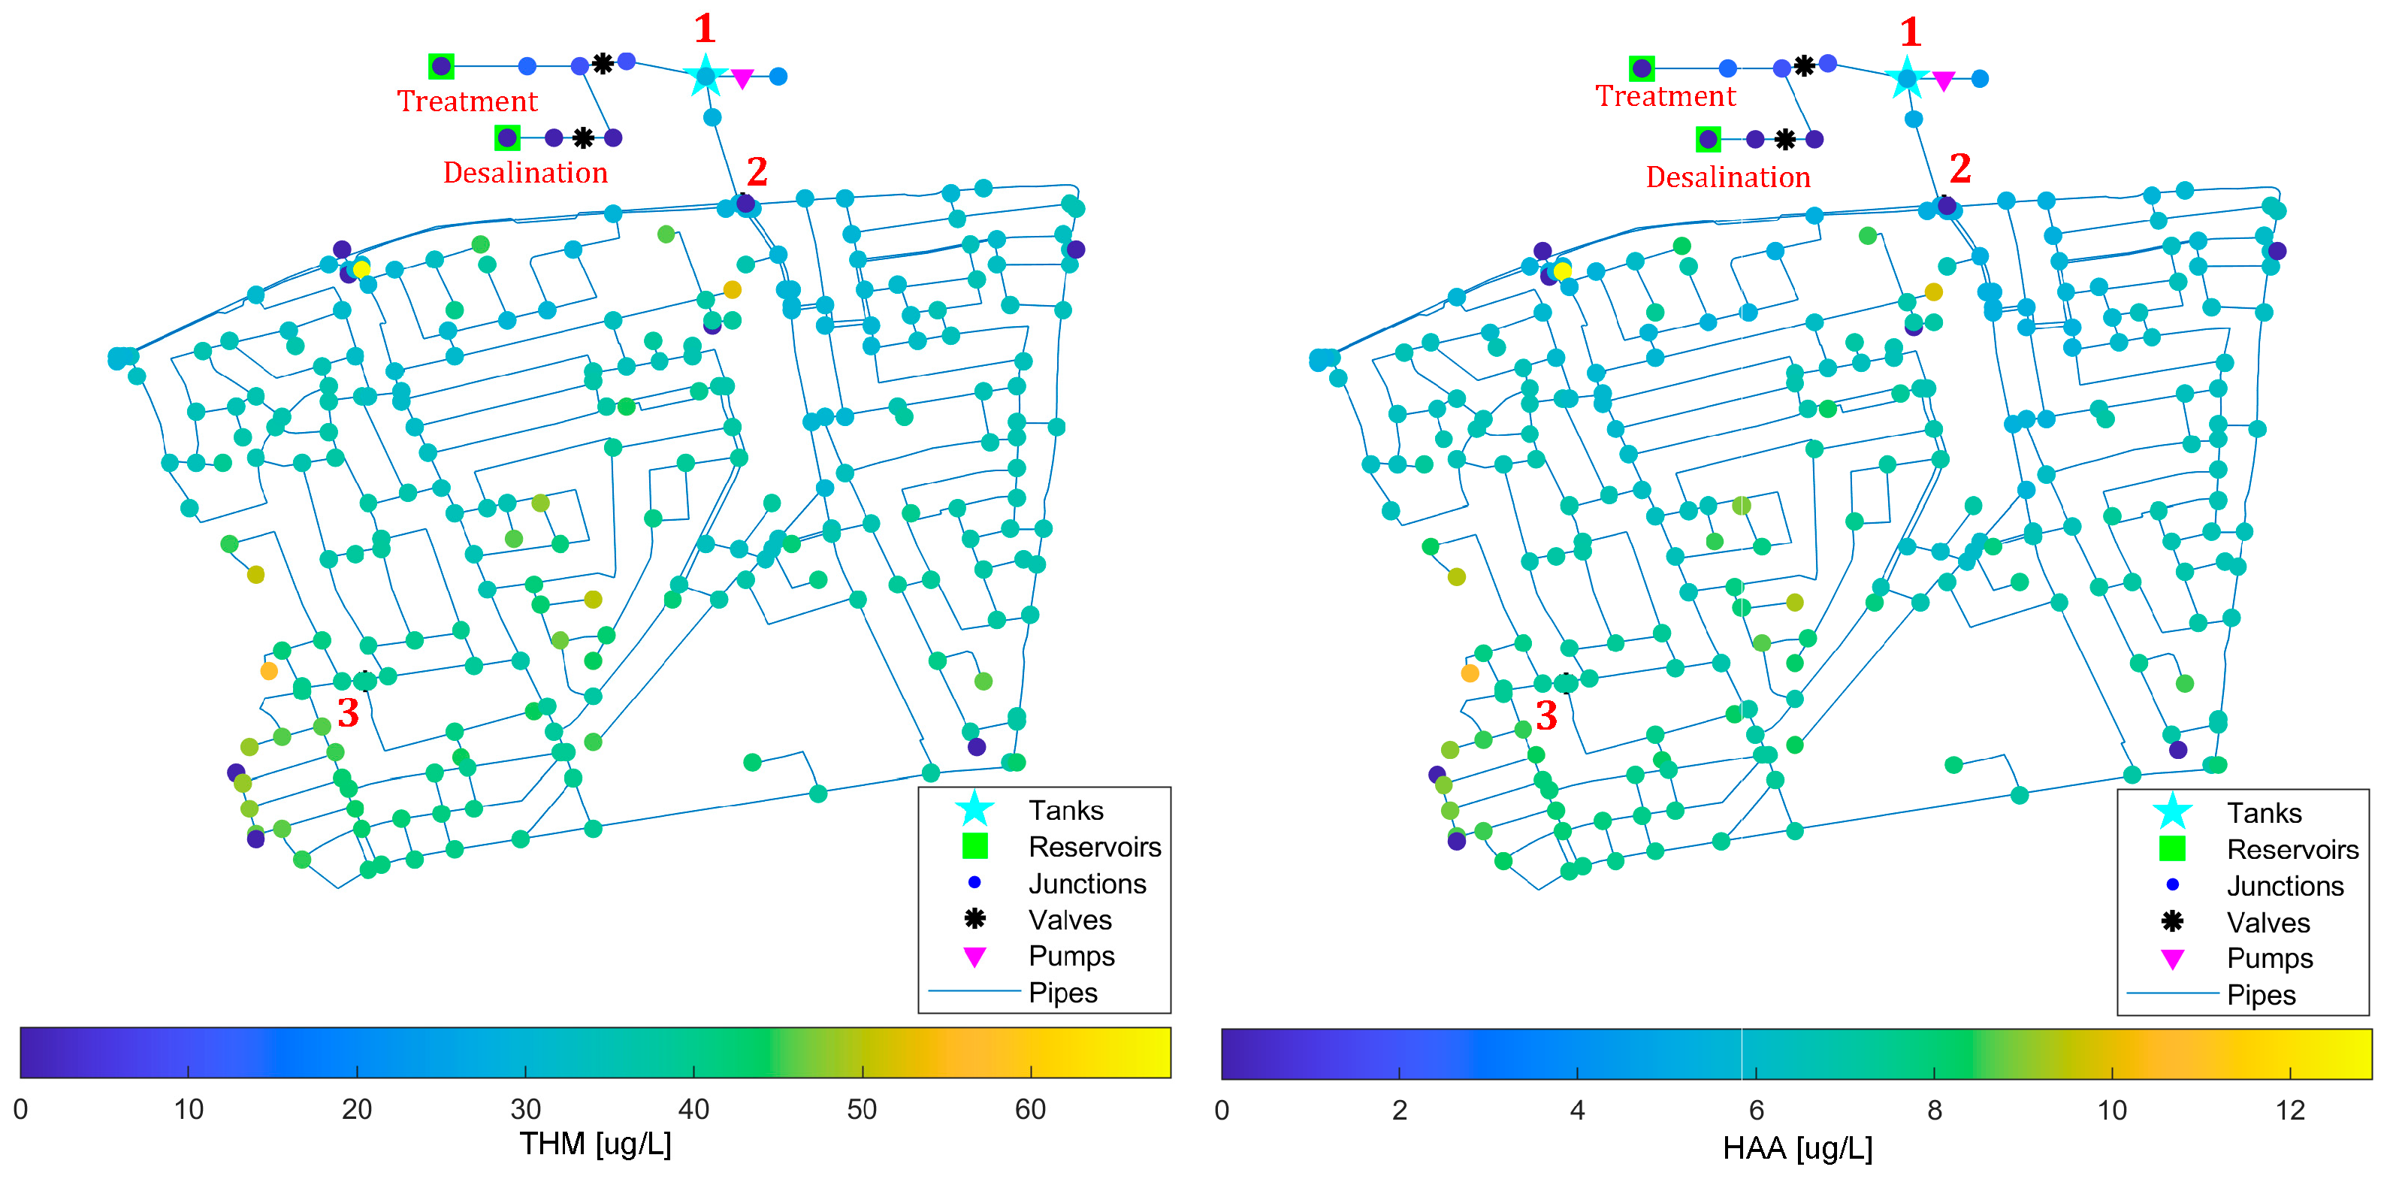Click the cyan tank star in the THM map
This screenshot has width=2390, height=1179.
click(706, 75)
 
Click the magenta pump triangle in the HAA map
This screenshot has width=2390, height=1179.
click(1943, 82)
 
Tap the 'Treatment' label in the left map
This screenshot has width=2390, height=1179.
click(467, 101)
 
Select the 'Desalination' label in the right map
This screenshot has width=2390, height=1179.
click(1727, 177)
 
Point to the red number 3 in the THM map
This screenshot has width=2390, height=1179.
click(348, 713)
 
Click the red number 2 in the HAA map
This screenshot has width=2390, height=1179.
click(1959, 169)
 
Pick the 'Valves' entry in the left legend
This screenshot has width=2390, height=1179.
click(1069, 921)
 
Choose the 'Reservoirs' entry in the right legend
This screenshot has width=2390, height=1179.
click(2292, 850)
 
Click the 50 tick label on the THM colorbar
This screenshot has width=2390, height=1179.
click(862, 1109)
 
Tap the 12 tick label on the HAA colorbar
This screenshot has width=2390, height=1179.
click(2290, 1111)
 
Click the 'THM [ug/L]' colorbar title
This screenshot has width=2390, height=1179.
click(595, 1144)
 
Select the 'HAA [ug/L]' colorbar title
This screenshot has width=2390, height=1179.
click(1797, 1148)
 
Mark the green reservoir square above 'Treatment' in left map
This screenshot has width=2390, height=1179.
click(442, 66)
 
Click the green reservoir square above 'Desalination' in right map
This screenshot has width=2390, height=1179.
click(1708, 140)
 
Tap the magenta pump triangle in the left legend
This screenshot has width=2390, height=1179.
click(974, 957)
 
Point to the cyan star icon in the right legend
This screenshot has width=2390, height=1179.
click(2172, 812)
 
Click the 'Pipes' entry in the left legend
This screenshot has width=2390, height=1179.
click(1062, 993)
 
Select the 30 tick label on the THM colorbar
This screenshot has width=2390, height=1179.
click(525, 1109)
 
